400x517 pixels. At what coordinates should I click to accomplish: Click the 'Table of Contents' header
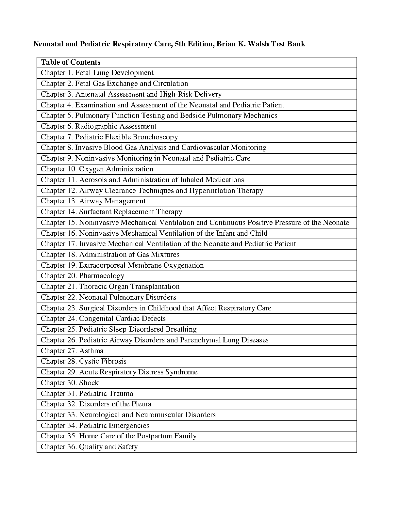[71, 62]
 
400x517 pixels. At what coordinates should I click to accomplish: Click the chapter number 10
[73, 169]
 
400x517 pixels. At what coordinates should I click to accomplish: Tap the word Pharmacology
[102, 276]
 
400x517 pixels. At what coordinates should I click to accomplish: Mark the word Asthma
[91, 351]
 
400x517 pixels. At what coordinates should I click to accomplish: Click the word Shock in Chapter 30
[89, 383]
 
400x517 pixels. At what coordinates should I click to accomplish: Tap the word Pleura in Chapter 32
[141, 404]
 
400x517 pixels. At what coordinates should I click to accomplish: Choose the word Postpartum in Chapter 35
[153, 436]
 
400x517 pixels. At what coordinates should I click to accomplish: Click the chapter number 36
[73, 447]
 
